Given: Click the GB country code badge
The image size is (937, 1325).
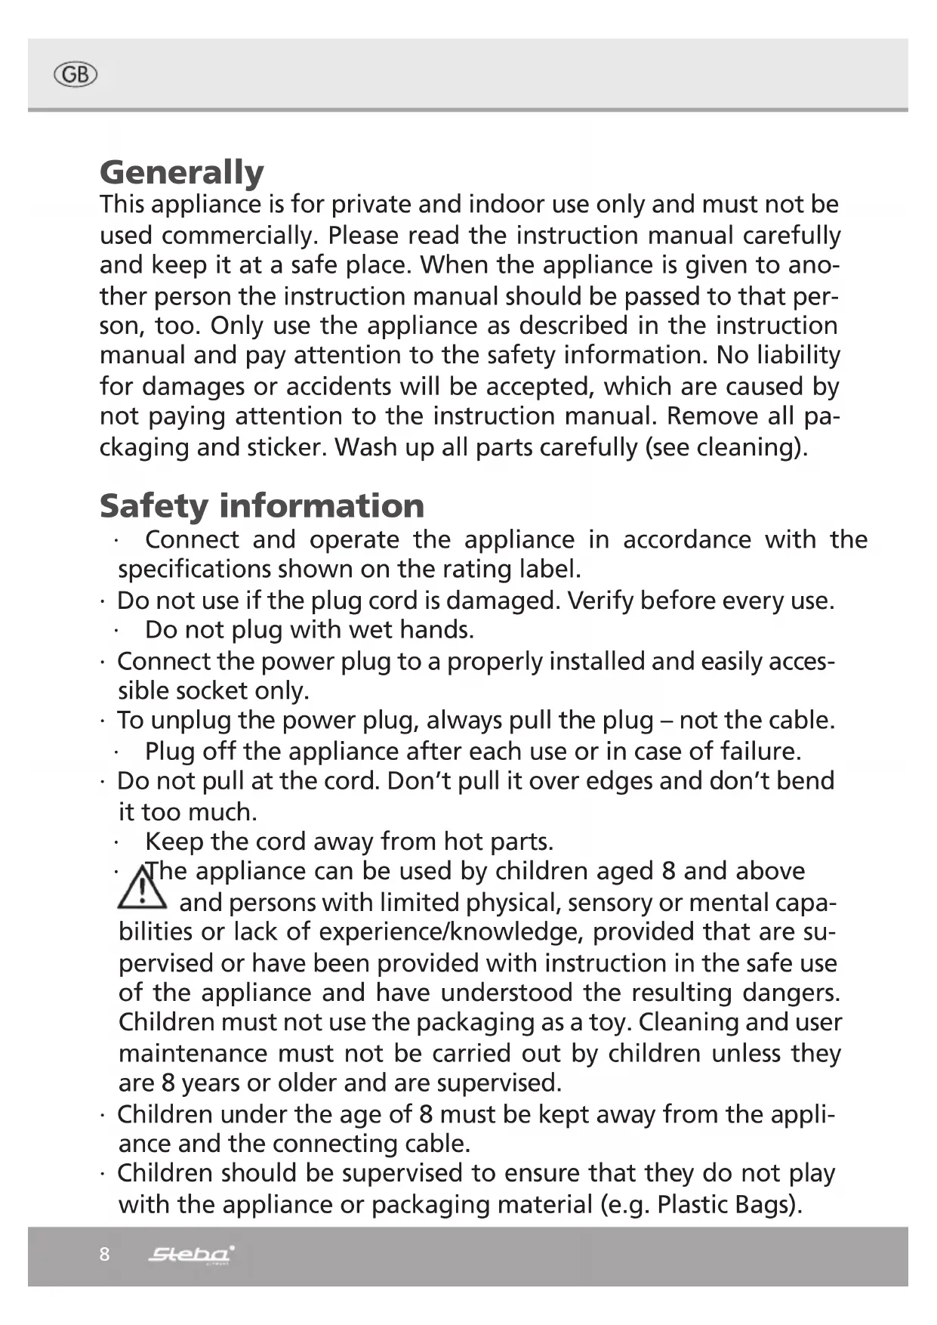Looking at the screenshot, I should pos(76,75).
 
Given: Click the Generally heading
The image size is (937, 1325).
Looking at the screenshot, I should pos(182,172).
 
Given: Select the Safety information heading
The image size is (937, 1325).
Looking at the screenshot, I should pos(262,505).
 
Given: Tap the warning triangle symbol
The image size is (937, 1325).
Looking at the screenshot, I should pos(141,888).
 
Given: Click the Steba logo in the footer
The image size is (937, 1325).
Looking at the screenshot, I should pos(191,1255).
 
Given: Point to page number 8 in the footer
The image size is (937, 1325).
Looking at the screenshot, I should pos(104,1255).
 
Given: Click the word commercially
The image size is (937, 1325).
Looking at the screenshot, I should pos(240,236).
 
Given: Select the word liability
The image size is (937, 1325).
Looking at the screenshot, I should pos(799,355).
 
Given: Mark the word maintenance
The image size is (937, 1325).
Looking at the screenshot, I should pos(193,1053).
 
